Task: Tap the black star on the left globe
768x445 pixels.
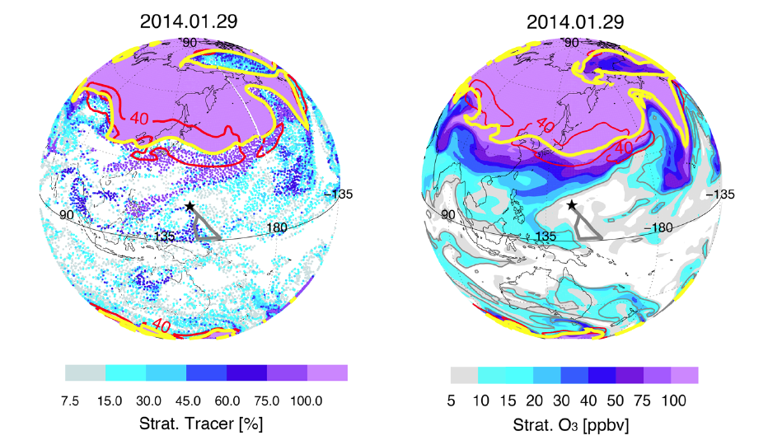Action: click(x=190, y=206)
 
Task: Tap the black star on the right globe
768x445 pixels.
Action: click(x=572, y=204)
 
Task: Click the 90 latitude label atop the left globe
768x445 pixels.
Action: click(x=190, y=42)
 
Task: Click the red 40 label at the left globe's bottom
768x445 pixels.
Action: click(x=162, y=327)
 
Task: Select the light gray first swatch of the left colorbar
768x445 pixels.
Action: click(x=86, y=373)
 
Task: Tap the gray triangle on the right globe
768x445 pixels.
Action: click(x=586, y=225)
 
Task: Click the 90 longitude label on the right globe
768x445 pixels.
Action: click(x=447, y=214)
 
